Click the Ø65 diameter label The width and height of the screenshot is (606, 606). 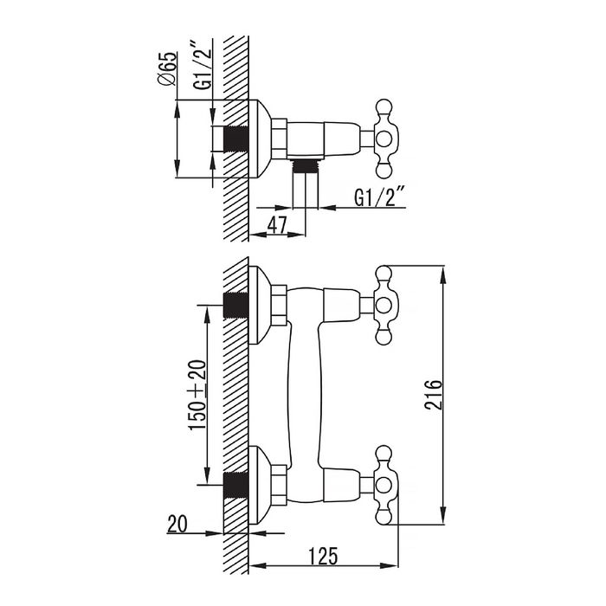[x=169, y=68]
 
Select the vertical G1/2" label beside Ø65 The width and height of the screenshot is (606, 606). [x=202, y=69]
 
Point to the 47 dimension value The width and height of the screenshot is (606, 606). [x=276, y=225]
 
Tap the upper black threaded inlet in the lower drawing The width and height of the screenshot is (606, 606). [x=235, y=306]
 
